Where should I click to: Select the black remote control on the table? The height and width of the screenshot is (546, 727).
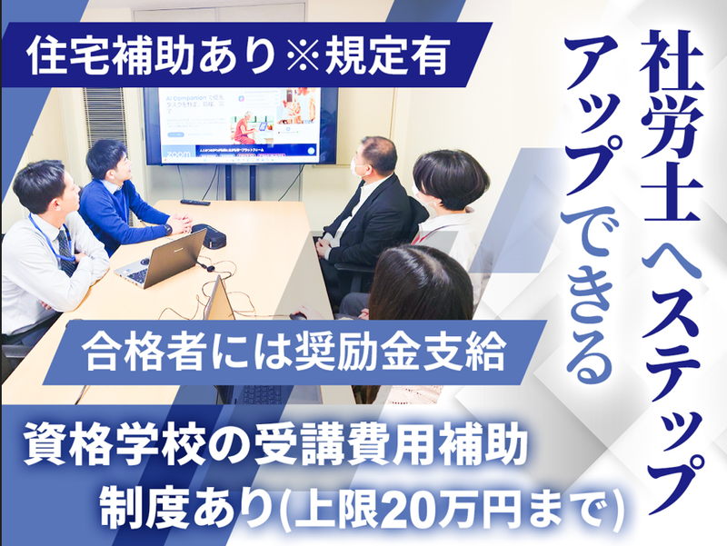[194, 202]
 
